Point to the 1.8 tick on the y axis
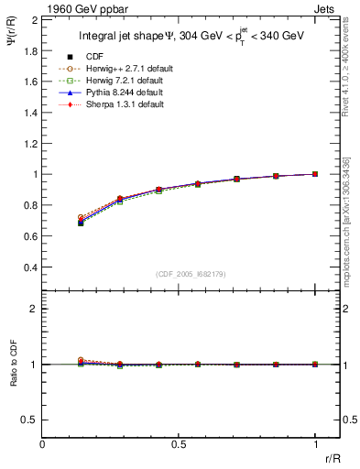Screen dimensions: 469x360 (x=30, y=49)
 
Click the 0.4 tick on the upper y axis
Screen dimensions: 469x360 (x=30, y=267)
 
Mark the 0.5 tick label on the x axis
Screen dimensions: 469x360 (x=179, y=442)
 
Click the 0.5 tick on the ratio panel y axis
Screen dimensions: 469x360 (x=30, y=420)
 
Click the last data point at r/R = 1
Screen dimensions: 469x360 (x=315, y=173)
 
